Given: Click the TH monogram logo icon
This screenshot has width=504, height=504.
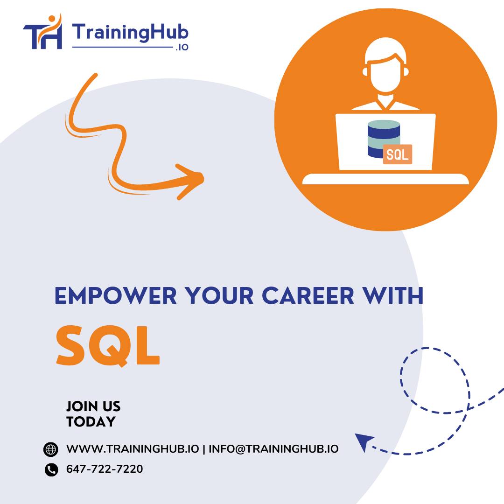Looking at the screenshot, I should (x=42, y=33).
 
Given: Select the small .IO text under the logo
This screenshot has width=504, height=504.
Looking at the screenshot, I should (x=182, y=48).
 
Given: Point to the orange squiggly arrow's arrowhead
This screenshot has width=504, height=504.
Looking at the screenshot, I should (x=194, y=179).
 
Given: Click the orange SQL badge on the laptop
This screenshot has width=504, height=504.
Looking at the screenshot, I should (x=397, y=154).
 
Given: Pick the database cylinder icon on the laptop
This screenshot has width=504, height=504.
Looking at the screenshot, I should (x=383, y=139).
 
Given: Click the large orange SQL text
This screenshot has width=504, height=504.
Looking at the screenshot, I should (x=108, y=345).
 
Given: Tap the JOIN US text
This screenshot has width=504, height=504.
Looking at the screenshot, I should (x=93, y=406).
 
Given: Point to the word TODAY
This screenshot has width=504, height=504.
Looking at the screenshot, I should (x=91, y=422).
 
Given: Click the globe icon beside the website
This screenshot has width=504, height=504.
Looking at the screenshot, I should (x=50, y=449).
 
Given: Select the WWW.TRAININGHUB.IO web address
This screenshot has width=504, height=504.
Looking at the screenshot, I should (x=133, y=449).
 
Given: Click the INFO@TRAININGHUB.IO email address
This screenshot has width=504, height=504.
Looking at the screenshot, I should (x=273, y=449).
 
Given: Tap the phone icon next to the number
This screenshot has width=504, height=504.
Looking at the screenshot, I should (x=51, y=469).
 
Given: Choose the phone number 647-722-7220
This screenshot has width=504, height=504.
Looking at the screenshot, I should (x=105, y=469).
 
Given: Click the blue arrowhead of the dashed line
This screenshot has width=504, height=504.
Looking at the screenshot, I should (x=364, y=441).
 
